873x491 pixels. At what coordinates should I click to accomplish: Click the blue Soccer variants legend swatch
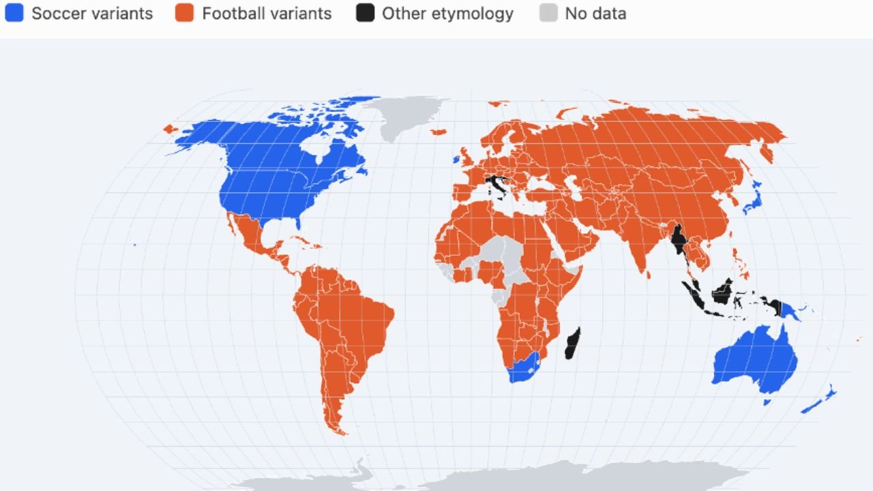(x=14, y=13)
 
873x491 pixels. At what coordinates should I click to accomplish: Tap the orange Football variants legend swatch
(x=184, y=13)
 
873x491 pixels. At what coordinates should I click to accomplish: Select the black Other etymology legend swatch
(x=365, y=13)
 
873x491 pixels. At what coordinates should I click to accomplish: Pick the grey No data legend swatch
(x=548, y=13)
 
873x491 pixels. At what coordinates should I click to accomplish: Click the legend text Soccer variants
(x=92, y=14)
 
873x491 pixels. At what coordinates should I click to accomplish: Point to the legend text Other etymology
(x=447, y=14)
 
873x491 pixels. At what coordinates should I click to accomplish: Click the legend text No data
(x=595, y=14)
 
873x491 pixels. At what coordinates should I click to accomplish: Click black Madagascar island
(x=573, y=343)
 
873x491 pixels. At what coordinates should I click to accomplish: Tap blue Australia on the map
(x=754, y=361)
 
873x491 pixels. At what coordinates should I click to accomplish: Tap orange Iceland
(x=439, y=132)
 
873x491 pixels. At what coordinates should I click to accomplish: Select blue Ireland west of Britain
(x=456, y=160)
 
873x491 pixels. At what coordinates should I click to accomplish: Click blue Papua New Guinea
(x=788, y=312)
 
